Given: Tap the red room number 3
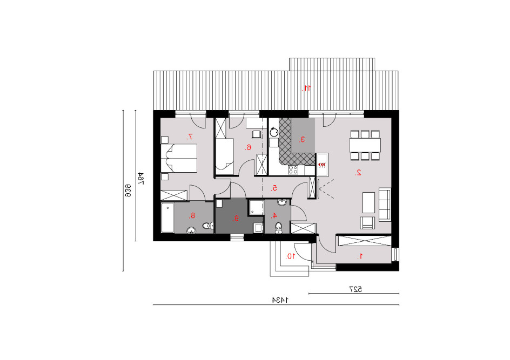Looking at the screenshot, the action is [302, 139].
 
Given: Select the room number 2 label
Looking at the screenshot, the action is [358, 173].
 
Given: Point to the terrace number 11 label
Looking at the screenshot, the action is [306, 88].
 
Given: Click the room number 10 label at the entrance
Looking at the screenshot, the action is [291, 256].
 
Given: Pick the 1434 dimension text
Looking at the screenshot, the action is [280, 300].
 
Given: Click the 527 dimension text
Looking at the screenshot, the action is [355, 289].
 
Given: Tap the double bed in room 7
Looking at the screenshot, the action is [179, 158].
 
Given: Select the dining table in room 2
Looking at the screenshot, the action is [365, 145].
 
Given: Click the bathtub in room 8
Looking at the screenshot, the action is [168, 218].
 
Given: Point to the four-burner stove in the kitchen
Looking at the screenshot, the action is [293, 169].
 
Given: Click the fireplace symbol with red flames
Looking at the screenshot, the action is [322, 165].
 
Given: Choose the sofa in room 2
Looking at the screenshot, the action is [385, 205].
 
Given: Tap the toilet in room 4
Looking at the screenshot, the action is [279, 228].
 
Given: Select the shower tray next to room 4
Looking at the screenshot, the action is [256, 207].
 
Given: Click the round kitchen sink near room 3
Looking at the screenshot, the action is [274, 132].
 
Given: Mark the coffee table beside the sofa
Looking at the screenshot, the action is [368, 202].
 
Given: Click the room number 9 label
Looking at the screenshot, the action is [237, 218].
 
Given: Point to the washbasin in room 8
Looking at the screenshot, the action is [191, 230].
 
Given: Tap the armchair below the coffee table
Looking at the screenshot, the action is [367, 223].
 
